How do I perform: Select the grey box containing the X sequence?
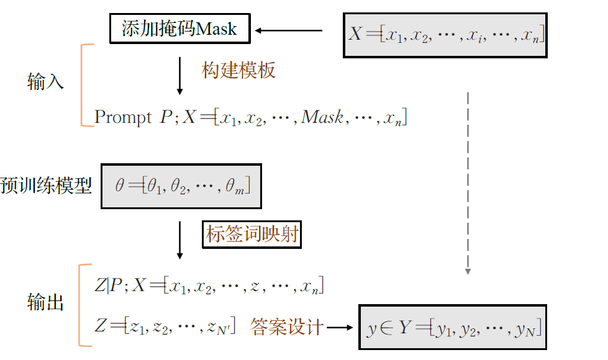pos(445,35)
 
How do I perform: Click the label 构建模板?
pos(238,71)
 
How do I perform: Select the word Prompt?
pos(122,117)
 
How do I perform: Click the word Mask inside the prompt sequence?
pos(322,117)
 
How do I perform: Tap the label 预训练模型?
pos(46,186)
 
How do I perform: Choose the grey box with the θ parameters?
pos(181,186)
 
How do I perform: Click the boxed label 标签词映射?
pos(252,235)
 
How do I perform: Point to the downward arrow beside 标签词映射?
pos(180,240)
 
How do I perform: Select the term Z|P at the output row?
pos(106,286)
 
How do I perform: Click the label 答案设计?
pos(287,326)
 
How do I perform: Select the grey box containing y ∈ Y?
pos(453,327)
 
